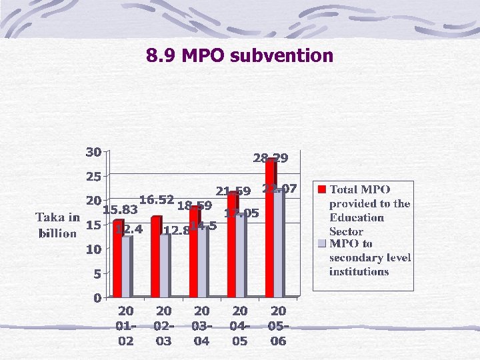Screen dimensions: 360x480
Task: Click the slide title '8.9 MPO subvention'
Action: point(239,55)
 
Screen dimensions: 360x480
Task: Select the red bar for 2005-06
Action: point(270,227)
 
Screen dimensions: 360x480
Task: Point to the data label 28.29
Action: point(271,158)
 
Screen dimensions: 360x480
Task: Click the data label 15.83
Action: point(120,209)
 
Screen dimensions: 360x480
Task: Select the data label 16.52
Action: point(157,199)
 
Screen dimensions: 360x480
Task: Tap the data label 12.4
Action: point(128,229)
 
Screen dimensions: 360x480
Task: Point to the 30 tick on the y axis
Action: point(93,151)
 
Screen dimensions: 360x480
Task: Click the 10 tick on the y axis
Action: point(93,249)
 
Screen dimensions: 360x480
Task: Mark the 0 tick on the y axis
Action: point(97,297)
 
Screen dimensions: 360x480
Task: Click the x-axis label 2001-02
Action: point(125,325)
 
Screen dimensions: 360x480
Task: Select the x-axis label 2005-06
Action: point(278,325)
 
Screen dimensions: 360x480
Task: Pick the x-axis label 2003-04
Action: point(201,325)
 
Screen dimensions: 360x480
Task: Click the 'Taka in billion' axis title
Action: point(57,225)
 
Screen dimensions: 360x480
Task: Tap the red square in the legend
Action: point(321,189)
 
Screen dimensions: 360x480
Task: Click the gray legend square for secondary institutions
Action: point(321,244)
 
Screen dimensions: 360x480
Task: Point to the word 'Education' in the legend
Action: point(357,217)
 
